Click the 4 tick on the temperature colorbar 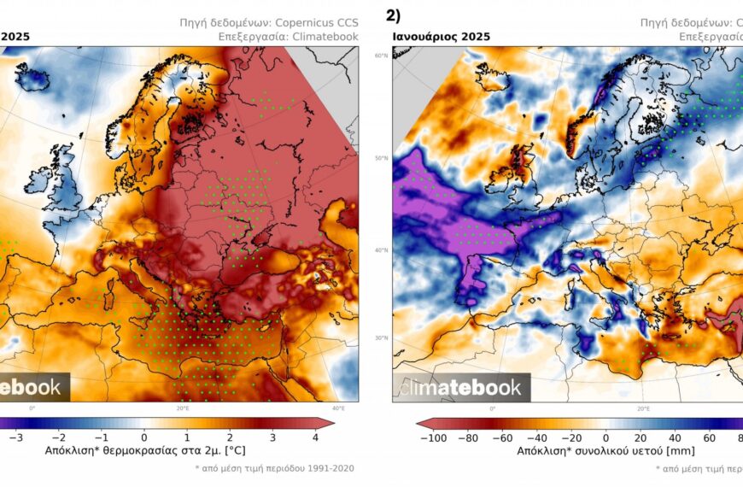(x=316, y=437)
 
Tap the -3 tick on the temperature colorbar (x=15, y=437)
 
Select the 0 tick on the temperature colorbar (x=144, y=437)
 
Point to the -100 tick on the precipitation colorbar (x=434, y=437)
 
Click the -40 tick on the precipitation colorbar (x=537, y=437)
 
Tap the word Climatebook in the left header (x=325, y=37)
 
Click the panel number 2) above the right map (x=394, y=15)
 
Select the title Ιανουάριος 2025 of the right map (x=442, y=37)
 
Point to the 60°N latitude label (x=380, y=56)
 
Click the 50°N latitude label (x=380, y=158)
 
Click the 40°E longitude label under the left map (x=338, y=408)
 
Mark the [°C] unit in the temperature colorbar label (x=242, y=449)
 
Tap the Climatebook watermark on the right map (x=461, y=388)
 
